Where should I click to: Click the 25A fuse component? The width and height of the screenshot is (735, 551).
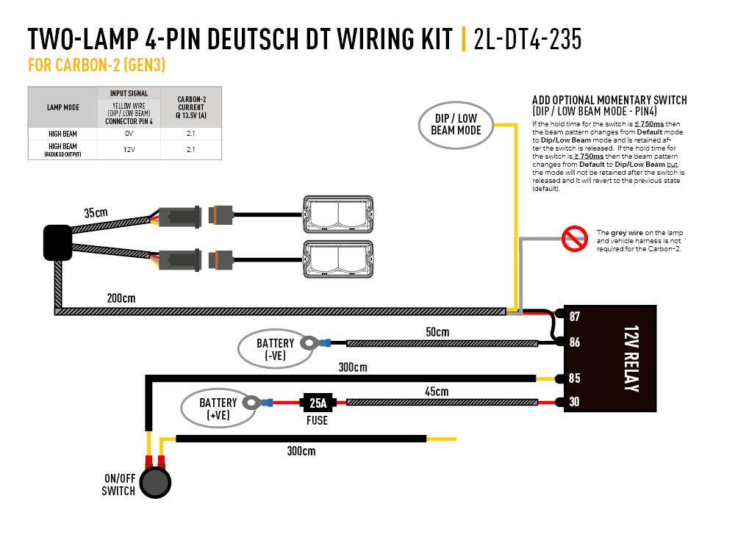pos(317,402)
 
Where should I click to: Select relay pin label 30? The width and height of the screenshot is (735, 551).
pos(575,402)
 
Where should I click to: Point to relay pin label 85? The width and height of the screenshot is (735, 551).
pos(575,378)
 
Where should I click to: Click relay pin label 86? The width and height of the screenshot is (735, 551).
pos(575,342)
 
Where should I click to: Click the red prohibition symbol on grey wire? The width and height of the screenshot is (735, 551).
pos(573,239)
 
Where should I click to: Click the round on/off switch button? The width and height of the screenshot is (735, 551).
pos(155,483)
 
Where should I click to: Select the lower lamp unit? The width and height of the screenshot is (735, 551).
pos(339,258)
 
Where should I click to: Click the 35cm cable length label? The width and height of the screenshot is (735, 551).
pos(96,213)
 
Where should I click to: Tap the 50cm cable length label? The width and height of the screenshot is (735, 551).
pos(437,332)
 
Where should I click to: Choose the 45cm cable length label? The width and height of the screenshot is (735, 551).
pos(437,392)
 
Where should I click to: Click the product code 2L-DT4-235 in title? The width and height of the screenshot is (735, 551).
pos(528,39)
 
